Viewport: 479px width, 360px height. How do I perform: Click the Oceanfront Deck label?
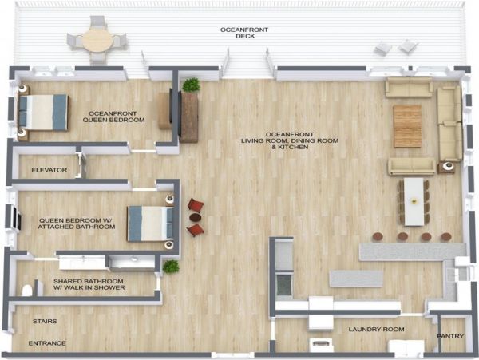pyautogui.click(x=244, y=33)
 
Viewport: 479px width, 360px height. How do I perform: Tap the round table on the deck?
pyautogui.click(x=97, y=41)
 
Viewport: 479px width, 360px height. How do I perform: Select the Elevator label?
pyautogui.click(x=49, y=170)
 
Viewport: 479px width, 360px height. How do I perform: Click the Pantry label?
pyautogui.click(x=450, y=336)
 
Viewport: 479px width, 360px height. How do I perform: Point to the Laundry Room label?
pyautogui.click(x=376, y=329)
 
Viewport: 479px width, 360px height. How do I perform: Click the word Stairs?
pyautogui.click(x=45, y=321)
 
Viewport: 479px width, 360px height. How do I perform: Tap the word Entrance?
pyautogui.click(x=47, y=343)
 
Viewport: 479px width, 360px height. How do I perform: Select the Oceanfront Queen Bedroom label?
pyautogui.click(x=113, y=117)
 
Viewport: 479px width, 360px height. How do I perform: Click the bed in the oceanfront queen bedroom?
pyautogui.click(x=43, y=113)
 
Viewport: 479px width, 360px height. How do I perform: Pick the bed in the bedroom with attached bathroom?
pyautogui.click(x=150, y=224)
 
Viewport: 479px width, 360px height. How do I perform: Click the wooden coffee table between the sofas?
pyautogui.click(x=407, y=126)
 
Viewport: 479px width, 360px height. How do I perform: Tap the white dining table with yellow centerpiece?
pyautogui.click(x=414, y=202)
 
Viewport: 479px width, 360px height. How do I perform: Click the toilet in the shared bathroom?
pyautogui.click(x=27, y=290)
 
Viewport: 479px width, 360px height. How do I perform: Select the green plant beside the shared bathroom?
pyautogui.click(x=171, y=267)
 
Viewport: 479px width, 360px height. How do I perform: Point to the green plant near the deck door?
pyautogui.click(x=192, y=85)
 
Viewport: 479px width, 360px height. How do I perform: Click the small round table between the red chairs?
pyautogui.click(x=196, y=217)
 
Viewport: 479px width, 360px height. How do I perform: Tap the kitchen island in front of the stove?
pyautogui.click(x=356, y=279)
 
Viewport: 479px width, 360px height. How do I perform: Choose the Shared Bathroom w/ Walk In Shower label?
pyautogui.click(x=89, y=284)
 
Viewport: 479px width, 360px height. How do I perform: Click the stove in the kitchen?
pyautogui.click(x=283, y=285)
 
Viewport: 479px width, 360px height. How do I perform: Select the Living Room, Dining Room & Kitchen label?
pyautogui.click(x=290, y=140)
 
